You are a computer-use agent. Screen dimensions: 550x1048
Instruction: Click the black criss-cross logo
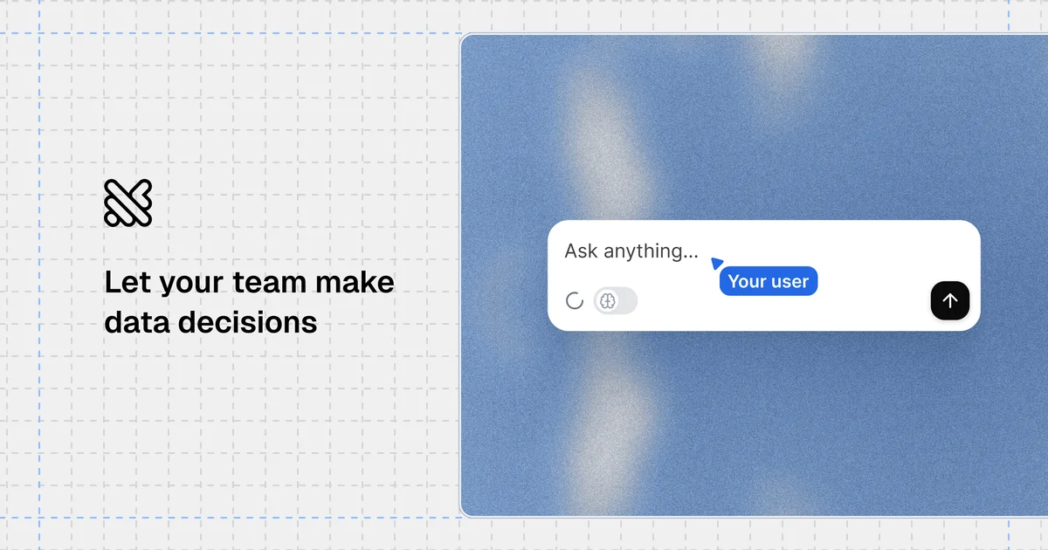tap(128, 203)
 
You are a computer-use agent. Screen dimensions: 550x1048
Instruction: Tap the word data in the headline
tap(137, 322)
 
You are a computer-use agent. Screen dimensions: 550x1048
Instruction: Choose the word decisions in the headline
tap(247, 322)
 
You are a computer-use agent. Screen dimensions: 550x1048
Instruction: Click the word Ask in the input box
tap(582, 251)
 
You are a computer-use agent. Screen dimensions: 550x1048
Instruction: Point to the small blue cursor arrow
tap(717, 263)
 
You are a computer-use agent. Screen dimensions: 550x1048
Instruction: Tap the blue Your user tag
tap(769, 281)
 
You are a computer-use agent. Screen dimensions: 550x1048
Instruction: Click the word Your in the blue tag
tap(746, 281)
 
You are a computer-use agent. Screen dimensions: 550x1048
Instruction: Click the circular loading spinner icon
tap(575, 301)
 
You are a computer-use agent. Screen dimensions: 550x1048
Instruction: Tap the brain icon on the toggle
tap(608, 301)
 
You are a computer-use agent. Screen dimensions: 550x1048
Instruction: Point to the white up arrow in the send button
tap(950, 301)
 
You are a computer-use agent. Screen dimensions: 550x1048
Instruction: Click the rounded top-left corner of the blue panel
tap(465, 39)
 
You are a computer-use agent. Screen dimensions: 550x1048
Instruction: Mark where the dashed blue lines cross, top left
tap(38, 33)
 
